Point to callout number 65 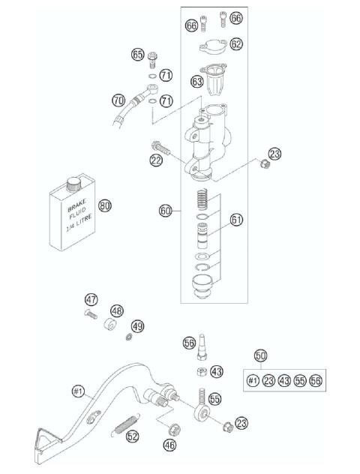tap(137, 54)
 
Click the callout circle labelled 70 tap(118, 99)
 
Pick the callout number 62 tap(236, 44)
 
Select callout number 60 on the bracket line tap(166, 211)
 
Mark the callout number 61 tap(237, 220)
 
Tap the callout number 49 tap(137, 326)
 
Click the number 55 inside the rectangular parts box tap(299, 382)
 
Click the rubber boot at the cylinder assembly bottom tap(201, 286)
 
